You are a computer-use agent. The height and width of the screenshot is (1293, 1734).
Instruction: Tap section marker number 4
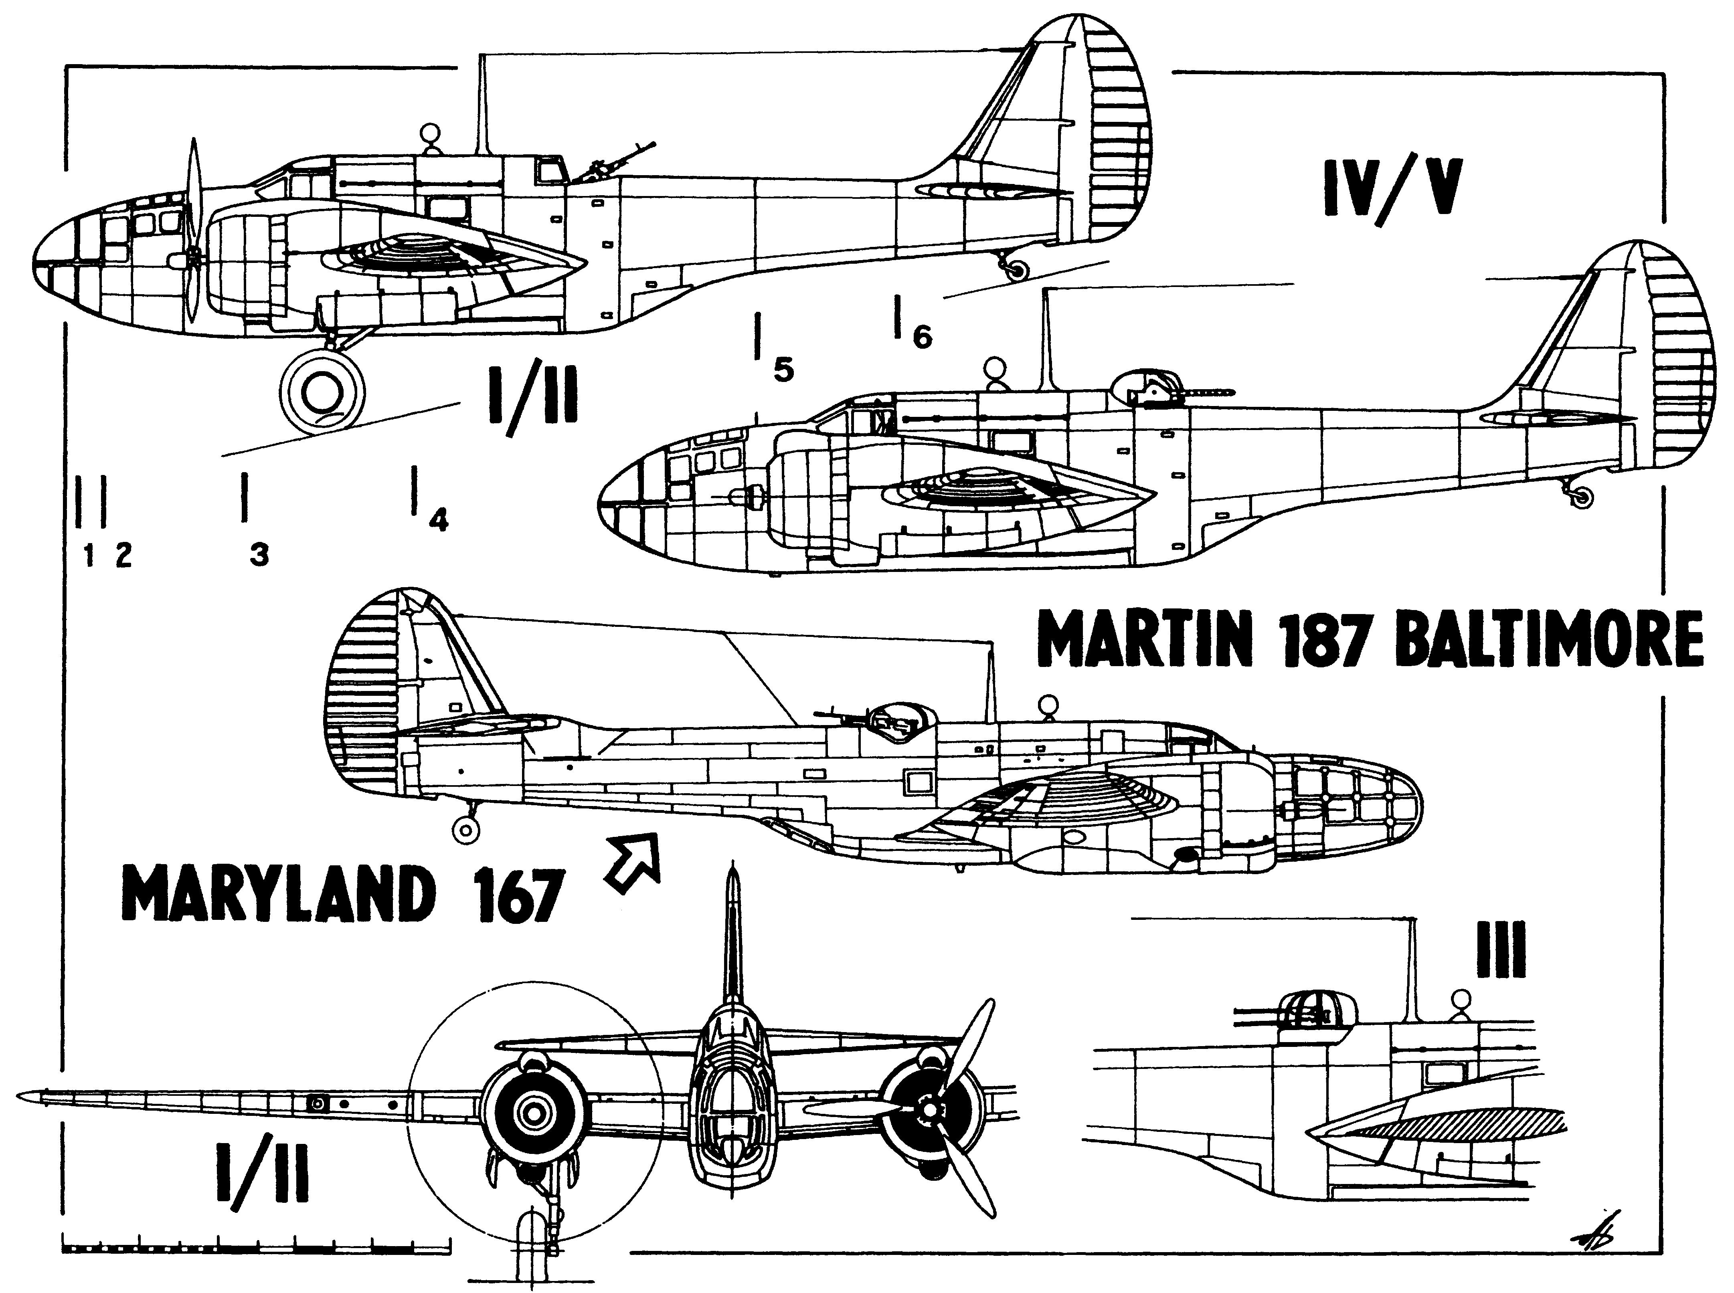438,520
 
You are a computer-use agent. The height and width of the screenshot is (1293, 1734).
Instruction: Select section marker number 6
922,337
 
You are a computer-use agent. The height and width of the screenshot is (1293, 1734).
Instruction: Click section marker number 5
783,370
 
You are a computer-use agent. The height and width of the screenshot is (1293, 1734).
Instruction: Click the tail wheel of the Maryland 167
466,831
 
